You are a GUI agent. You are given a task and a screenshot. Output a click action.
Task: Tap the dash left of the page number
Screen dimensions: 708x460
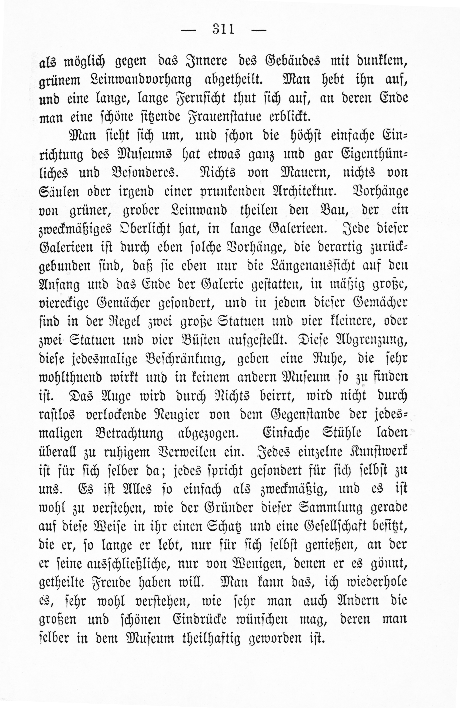189,30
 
